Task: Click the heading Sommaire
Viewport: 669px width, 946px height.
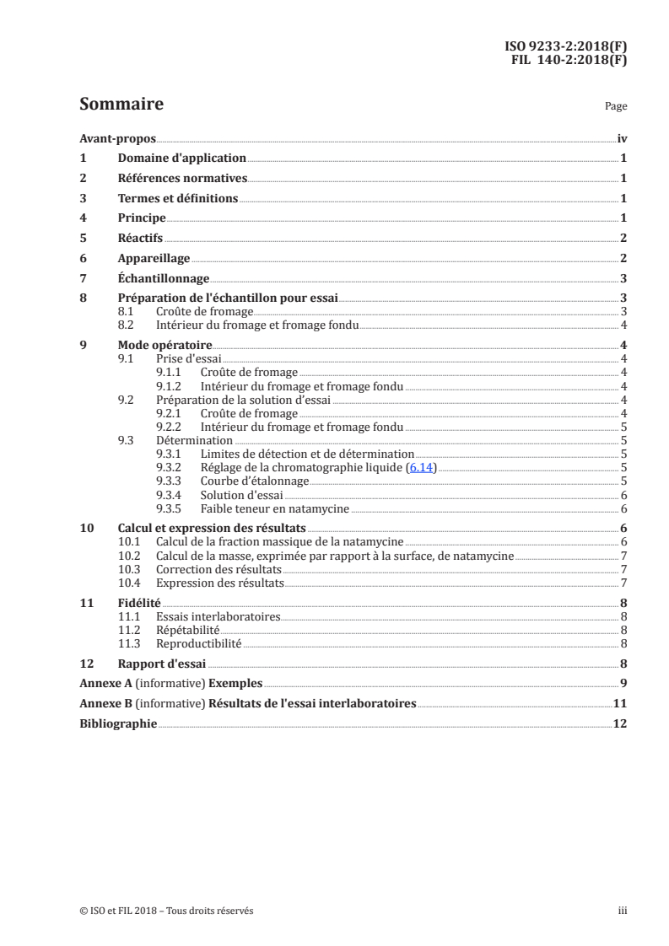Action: [121, 105]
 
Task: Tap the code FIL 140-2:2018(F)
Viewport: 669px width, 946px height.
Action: [569, 60]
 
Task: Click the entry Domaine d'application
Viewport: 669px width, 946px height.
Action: [181, 158]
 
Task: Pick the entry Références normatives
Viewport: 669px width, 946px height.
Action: [181, 178]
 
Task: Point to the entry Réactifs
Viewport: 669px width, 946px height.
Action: [140, 239]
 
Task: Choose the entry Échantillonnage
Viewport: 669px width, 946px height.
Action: [163, 279]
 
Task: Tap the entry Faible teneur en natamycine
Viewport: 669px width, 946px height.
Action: [274, 508]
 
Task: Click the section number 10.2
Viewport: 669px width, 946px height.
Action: [128, 556]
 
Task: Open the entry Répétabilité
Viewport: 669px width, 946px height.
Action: [188, 630]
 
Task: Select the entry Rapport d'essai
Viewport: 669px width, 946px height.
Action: [161, 664]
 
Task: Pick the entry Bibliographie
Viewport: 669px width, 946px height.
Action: [117, 724]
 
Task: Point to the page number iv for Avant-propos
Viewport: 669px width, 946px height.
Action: [622, 137]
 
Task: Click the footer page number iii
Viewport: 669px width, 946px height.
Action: [622, 911]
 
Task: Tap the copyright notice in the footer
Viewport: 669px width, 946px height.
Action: [166, 911]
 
